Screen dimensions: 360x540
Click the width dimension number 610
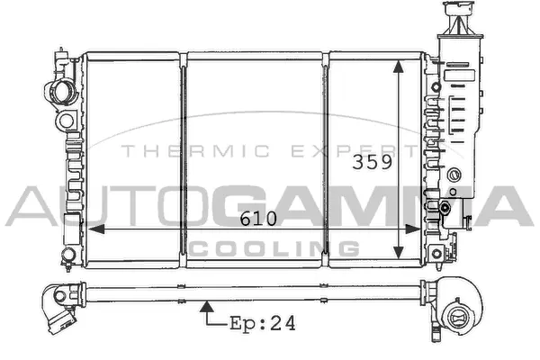(257, 219)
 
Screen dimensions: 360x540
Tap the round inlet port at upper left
(62, 91)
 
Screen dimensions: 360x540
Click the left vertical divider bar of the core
(184, 153)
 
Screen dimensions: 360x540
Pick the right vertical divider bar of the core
(328, 153)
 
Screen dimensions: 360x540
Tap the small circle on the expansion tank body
(456, 174)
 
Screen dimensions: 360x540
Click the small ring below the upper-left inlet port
(66, 120)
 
